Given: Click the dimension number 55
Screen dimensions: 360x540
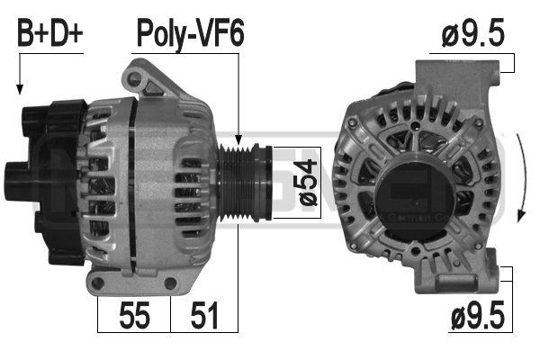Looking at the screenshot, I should pyautogui.click(x=135, y=317).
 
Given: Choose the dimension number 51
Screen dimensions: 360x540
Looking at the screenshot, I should pyautogui.click(x=204, y=317).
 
